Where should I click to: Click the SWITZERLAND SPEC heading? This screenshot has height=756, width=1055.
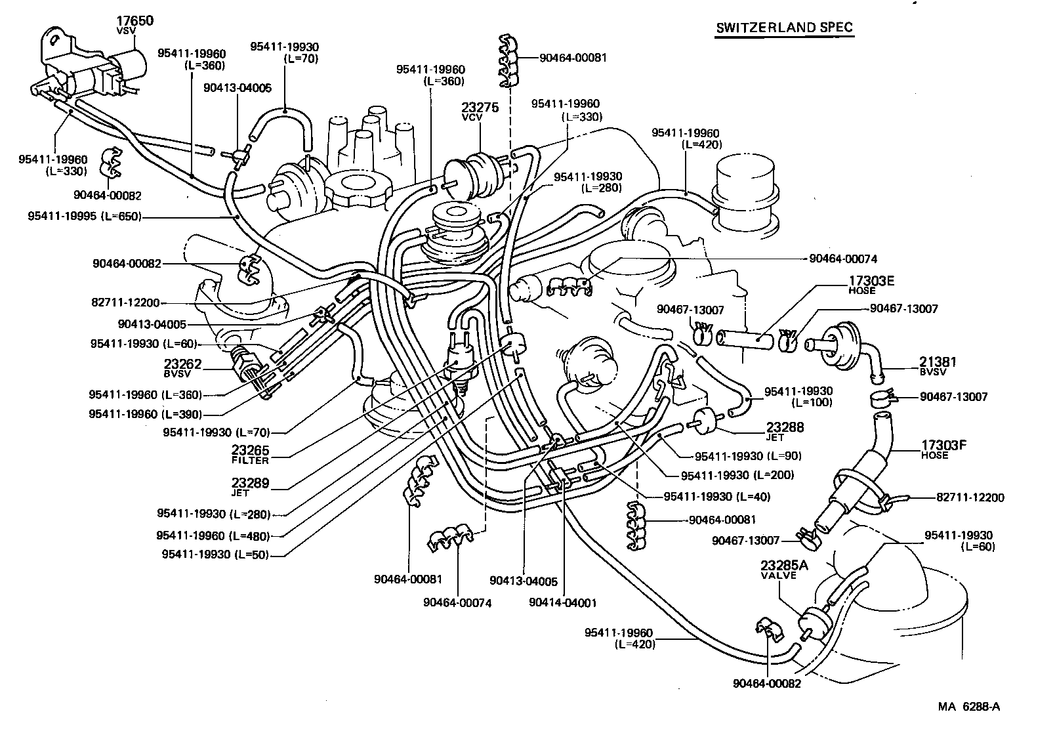[x=784, y=28]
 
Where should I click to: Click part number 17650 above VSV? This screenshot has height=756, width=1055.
[x=134, y=21]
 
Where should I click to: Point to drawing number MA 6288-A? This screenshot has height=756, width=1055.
[x=968, y=707]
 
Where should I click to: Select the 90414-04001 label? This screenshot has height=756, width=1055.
[x=562, y=602]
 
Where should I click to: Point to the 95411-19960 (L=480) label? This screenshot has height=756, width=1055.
[x=213, y=536]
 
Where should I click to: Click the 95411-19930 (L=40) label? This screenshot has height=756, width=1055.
[x=716, y=497]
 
